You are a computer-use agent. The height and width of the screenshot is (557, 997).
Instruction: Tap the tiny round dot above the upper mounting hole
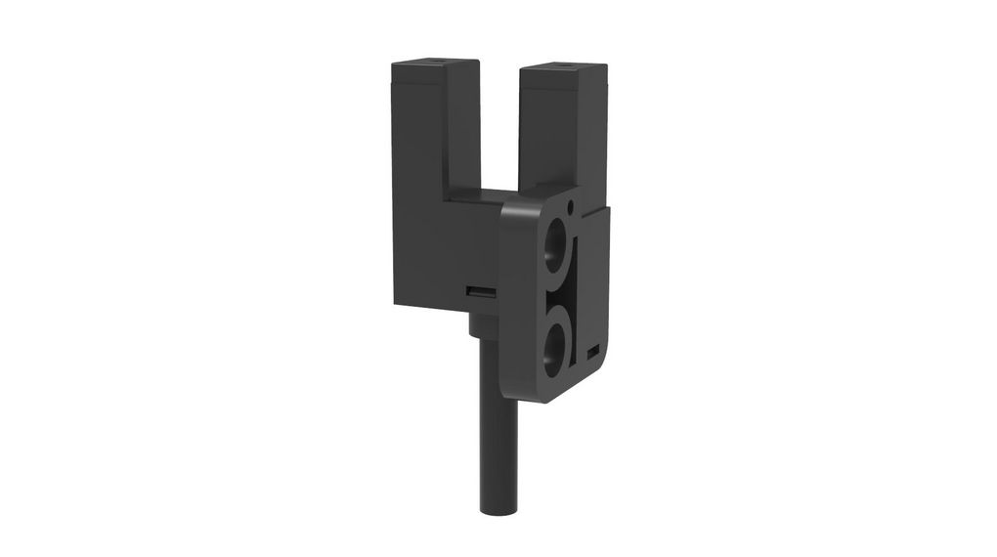571,206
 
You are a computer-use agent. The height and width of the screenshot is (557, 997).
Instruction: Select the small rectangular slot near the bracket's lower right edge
592,350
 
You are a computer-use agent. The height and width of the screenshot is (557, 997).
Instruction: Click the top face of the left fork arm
435,64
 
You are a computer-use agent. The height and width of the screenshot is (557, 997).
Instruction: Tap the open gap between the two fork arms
498,127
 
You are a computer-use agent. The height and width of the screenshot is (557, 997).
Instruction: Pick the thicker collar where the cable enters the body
483,321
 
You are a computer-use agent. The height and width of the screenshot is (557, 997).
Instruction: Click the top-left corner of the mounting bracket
505,206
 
